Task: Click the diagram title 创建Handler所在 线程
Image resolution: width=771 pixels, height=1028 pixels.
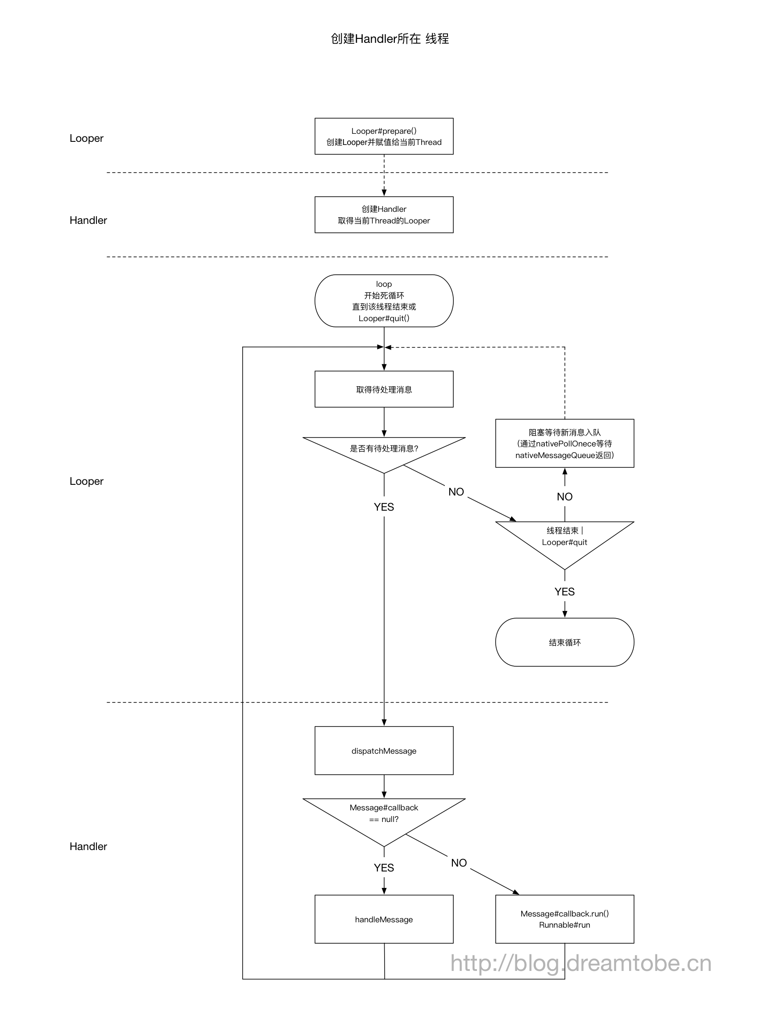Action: tap(389, 38)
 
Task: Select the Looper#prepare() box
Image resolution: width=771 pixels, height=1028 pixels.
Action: tap(384, 136)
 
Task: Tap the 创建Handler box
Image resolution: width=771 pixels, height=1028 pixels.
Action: tap(384, 215)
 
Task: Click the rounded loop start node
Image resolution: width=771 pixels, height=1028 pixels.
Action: tap(384, 301)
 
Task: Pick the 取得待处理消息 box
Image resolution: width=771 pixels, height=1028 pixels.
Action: tap(384, 389)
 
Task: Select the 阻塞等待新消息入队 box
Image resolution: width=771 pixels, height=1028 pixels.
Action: tap(564, 443)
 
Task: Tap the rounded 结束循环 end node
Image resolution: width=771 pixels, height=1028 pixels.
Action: tap(564, 642)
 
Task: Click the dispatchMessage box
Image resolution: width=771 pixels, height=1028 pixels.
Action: tap(384, 751)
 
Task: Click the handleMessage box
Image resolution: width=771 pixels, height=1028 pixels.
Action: tap(384, 919)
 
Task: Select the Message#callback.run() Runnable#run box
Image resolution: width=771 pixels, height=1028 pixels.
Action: tap(564, 919)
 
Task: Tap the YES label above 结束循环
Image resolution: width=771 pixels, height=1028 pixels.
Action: tap(564, 592)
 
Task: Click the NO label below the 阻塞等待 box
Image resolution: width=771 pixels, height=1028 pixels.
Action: tap(564, 496)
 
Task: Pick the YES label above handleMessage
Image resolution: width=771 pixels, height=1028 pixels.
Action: tap(384, 867)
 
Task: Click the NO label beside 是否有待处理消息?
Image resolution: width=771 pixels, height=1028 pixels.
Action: tap(456, 491)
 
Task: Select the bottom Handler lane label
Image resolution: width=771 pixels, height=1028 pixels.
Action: tap(88, 846)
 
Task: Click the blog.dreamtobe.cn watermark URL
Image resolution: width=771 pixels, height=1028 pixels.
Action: tap(580, 963)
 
